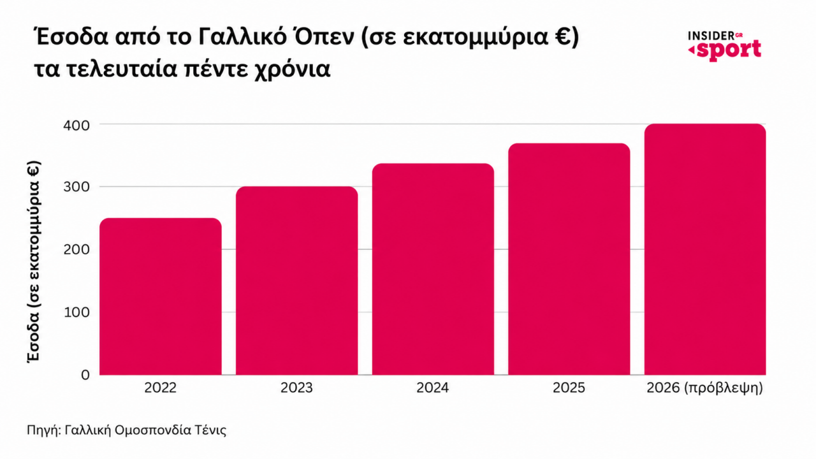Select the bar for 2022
161,296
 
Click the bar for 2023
297,280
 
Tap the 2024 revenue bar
433,269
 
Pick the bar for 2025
569,259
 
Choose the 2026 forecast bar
705,249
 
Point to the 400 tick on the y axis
76,126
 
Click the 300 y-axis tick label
76,187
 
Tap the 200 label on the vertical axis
76,250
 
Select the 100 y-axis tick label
76,312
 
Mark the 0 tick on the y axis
85,375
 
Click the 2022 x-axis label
160,388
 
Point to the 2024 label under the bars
433,388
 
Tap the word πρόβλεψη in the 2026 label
724,388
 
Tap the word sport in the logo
728,50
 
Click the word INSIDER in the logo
711,36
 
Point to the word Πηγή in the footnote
42,430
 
